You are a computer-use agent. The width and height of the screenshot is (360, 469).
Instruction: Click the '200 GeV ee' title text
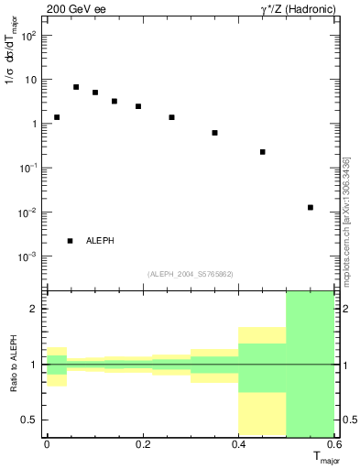(75, 9)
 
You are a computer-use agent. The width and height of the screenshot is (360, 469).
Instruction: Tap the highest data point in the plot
(76, 87)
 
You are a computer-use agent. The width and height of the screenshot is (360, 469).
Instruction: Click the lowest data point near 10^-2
(311, 207)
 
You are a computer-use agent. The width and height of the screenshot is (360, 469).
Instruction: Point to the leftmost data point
(57, 117)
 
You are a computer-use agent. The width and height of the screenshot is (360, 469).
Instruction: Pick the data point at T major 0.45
(263, 152)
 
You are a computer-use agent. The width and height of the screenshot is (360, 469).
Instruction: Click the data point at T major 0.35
(214, 133)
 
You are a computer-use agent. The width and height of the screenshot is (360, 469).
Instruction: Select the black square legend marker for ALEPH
(70, 241)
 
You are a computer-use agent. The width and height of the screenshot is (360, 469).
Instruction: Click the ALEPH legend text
(100, 241)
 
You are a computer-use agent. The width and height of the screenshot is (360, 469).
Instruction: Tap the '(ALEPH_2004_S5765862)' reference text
(190, 274)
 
